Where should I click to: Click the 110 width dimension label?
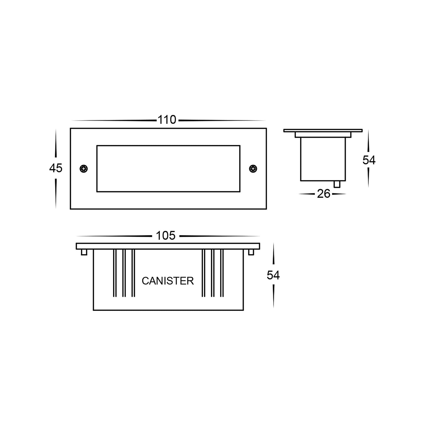pyautogui.click(x=167, y=120)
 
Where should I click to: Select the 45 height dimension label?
pyautogui.click(x=56, y=168)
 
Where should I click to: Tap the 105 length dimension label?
pyautogui.click(x=166, y=235)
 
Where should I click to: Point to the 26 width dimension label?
pyautogui.click(x=323, y=194)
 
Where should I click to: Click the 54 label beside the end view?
pyautogui.click(x=369, y=160)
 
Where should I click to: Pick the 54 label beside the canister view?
pyautogui.click(x=273, y=275)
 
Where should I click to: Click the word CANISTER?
pyautogui.click(x=168, y=281)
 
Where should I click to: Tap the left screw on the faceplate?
pyautogui.click(x=84, y=169)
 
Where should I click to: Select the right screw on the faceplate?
pyautogui.click(x=253, y=169)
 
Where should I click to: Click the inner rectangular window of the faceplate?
pyautogui.click(x=168, y=169)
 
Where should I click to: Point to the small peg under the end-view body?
pyautogui.click(x=337, y=184)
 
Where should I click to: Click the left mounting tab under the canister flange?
pyautogui.click(x=84, y=252)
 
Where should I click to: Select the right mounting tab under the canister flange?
pyautogui.click(x=251, y=252)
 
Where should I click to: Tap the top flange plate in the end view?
pyautogui.click(x=323, y=130)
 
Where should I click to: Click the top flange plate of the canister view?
pyautogui.click(x=168, y=246)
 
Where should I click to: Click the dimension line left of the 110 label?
pyautogui.click(x=115, y=120)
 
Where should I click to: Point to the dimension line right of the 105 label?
pyautogui.click(x=219, y=236)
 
